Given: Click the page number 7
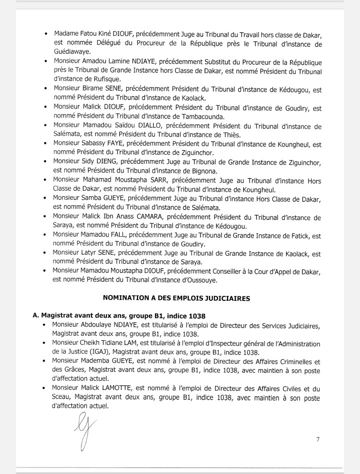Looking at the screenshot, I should [317, 439].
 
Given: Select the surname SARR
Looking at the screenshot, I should [160, 181].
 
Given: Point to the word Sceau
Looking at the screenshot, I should [62, 398].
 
